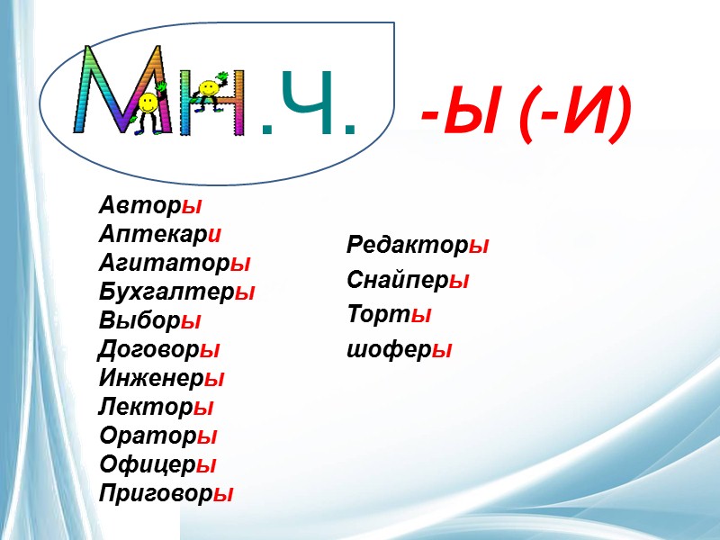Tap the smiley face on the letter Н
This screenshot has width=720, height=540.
click(x=208, y=88)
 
